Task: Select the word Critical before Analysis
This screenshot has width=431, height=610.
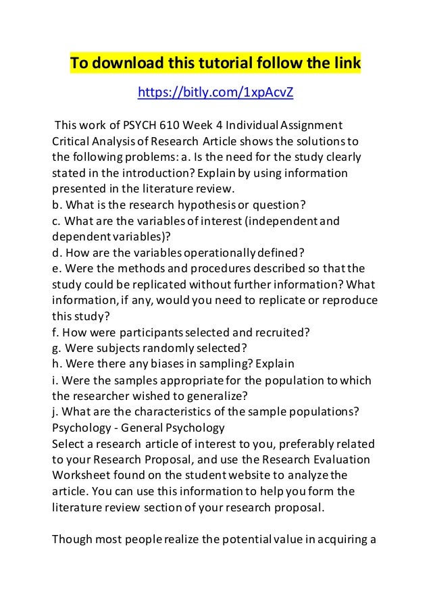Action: tap(71, 142)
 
